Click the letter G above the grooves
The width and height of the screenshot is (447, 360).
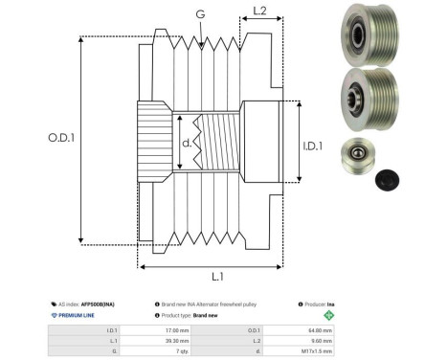pos(199,14)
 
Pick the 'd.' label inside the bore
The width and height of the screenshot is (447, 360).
pos(187,144)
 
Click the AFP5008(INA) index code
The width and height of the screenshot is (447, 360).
pos(105,302)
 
